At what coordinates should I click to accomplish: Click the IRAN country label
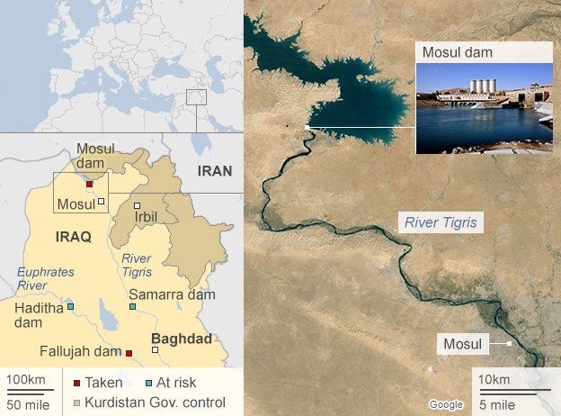(x=216, y=171)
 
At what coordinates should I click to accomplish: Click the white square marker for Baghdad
(x=156, y=349)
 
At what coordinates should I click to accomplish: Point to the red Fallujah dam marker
(x=129, y=353)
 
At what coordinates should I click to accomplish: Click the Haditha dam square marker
(x=70, y=307)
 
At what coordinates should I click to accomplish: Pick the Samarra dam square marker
(x=132, y=307)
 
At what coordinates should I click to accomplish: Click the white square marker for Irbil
(x=137, y=205)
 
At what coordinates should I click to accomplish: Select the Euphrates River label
(x=45, y=278)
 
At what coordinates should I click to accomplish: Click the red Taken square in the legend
(x=77, y=383)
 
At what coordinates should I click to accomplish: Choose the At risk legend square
(x=149, y=383)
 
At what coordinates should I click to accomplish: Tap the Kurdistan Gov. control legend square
(x=77, y=402)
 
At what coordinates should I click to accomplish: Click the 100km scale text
(x=25, y=379)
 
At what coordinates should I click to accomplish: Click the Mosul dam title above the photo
(x=458, y=53)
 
